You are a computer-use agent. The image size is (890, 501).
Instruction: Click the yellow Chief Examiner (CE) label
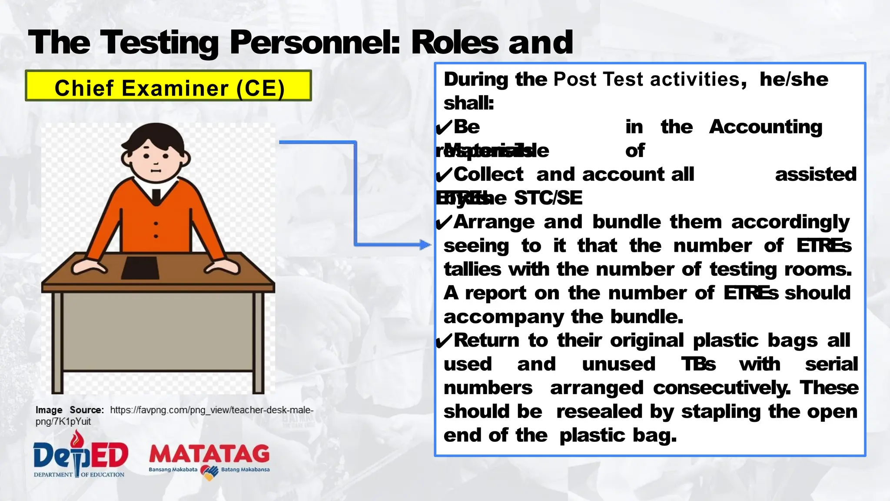(169, 86)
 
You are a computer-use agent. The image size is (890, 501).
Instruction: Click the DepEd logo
(80, 455)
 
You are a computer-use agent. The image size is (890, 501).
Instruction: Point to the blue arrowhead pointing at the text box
(425, 244)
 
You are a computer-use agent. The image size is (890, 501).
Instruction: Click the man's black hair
(153, 135)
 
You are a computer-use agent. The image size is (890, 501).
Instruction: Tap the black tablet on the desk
(140, 268)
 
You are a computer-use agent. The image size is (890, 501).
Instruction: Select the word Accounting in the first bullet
(765, 127)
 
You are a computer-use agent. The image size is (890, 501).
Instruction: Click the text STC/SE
(548, 198)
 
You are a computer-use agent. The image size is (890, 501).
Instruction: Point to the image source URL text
(211, 410)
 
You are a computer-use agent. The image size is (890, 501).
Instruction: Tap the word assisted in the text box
(815, 174)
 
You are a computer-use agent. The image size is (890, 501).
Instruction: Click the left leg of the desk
(57, 344)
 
